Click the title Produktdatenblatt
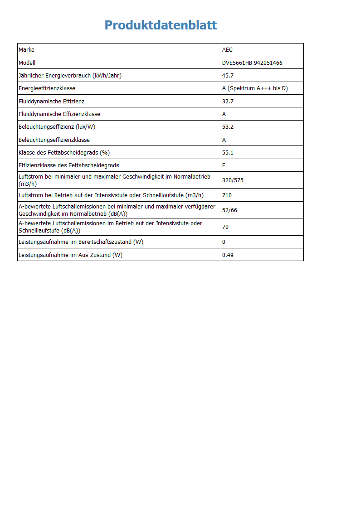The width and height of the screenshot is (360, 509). pyautogui.click(x=161, y=25)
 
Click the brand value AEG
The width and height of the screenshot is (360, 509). pyautogui.click(x=227, y=50)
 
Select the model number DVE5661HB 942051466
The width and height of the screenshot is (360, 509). pyautogui.click(x=252, y=63)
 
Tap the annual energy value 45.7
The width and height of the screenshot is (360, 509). pyautogui.click(x=228, y=76)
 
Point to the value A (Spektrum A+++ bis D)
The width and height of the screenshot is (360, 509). pyautogui.click(x=255, y=88)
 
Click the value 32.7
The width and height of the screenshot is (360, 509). pyautogui.click(x=228, y=102)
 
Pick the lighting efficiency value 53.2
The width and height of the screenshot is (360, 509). pyautogui.click(x=228, y=127)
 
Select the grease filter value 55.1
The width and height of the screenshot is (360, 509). pyautogui.click(x=228, y=153)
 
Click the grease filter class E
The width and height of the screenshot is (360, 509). pyautogui.click(x=224, y=165)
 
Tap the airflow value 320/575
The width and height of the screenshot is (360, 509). pyautogui.click(x=233, y=180)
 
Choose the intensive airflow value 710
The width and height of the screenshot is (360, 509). pyautogui.click(x=227, y=195)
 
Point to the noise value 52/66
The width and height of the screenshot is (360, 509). pyautogui.click(x=229, y=210)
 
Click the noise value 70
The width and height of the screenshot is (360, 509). pyautogui.click(x=225, y=227)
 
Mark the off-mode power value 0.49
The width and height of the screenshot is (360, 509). pyautogui.click(x=228, y=255)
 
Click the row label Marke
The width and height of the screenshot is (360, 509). pyautogui.click(x=26, y=50)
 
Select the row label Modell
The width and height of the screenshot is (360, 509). pyautogui.click(x=27, y=63)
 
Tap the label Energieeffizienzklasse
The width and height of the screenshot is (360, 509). pyautogui.click(x=47, y=88)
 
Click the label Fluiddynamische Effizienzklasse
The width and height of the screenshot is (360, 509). pyautogui.click(x=59, y=114)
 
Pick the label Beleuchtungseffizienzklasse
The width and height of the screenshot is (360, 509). pyautogui.click(x=54, y=140)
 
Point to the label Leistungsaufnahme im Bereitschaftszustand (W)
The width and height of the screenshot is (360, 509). pyautogui.click(x=81, y=242)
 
